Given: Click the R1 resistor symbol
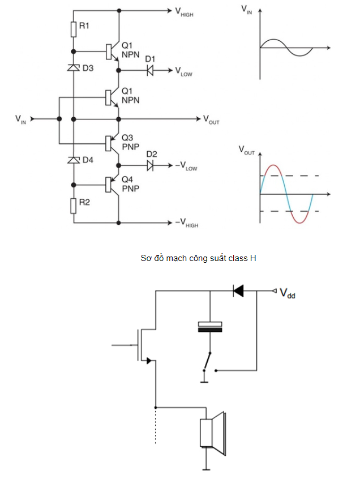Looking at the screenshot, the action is point(73,29).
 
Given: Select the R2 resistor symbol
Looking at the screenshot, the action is point(73,206).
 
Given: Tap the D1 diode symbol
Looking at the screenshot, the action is point(150,71).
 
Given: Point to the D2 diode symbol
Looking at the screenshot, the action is point(150,166).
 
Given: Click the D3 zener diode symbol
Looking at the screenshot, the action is point(73,67).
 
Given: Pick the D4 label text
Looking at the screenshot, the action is point(88,160).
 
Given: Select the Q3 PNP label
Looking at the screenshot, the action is point(131,142).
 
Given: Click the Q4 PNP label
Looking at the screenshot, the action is point(131,184).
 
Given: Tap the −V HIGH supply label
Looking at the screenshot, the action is point(187,223).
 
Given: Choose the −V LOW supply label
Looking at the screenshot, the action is point(186,166).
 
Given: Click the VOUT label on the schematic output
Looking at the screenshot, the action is point(211,120).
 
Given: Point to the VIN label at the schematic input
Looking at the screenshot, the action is point(20,119).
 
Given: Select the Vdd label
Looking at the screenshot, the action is point(288,293).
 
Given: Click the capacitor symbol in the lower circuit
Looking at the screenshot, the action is point(210,327).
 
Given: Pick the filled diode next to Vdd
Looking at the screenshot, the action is point(238,291).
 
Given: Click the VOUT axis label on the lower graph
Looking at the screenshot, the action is point(247,150).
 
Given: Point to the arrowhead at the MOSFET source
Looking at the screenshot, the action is point(149,360).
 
